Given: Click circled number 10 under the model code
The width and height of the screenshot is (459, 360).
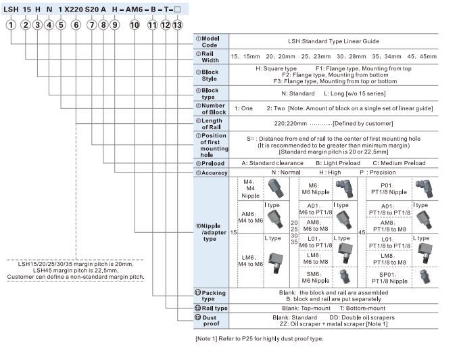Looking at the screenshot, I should click(135, 24).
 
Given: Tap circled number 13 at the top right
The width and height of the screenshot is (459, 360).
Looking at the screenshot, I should click(177, 24).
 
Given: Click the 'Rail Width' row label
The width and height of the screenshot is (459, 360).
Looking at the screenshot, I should click(211, 57).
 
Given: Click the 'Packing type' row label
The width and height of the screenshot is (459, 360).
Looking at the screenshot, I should click(212, 295).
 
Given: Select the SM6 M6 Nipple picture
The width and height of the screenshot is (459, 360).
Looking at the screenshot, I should click(343, 277).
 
